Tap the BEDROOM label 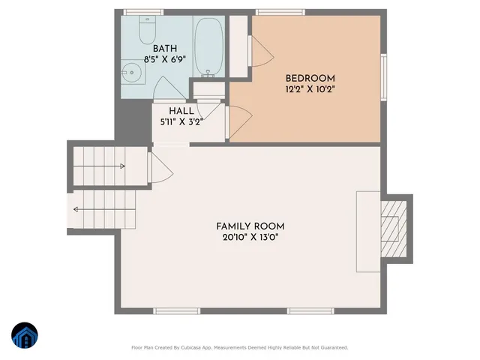[310, 78]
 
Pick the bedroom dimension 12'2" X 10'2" [310, 88]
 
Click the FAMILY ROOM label [250, 226]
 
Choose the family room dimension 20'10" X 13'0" [250, 238]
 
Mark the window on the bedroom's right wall [382, 76]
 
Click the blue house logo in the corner [25, 336]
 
